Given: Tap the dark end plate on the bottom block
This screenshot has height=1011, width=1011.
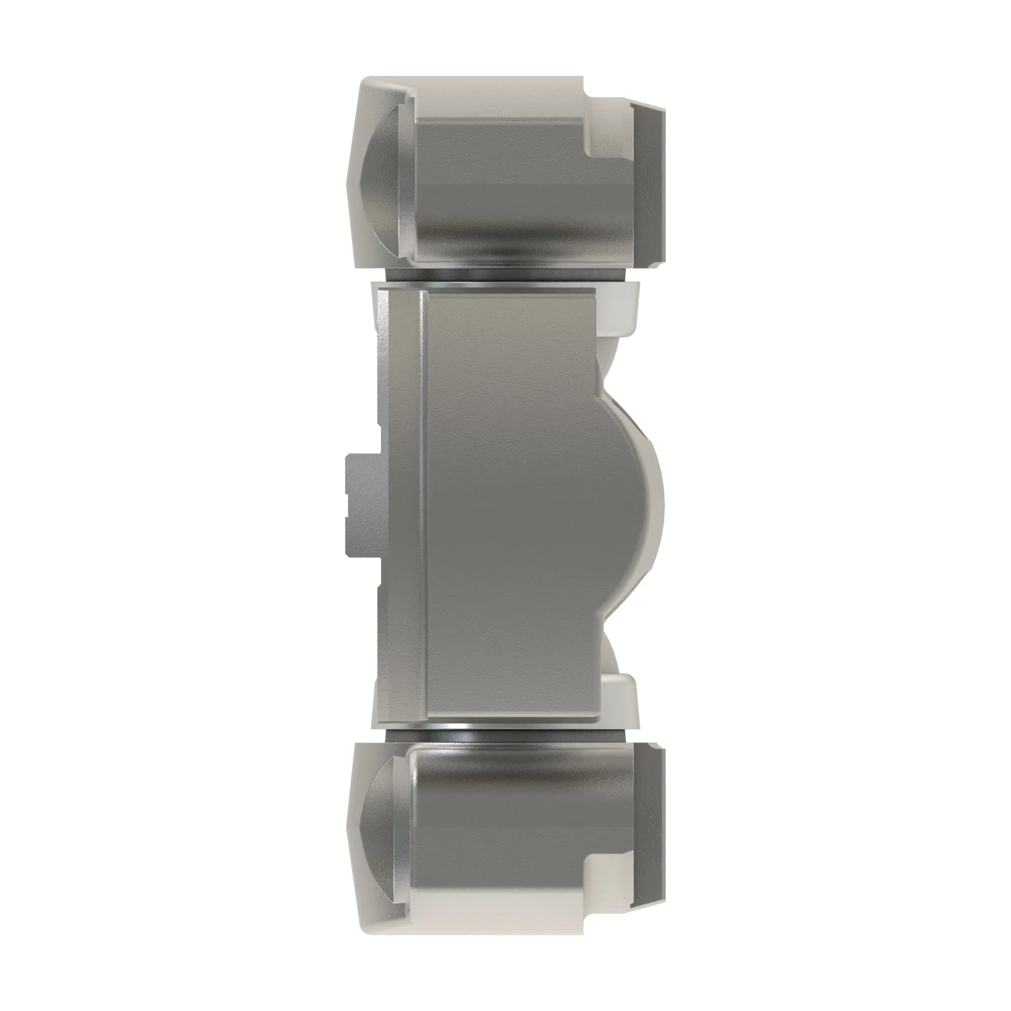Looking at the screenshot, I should (x=649, y=827).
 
